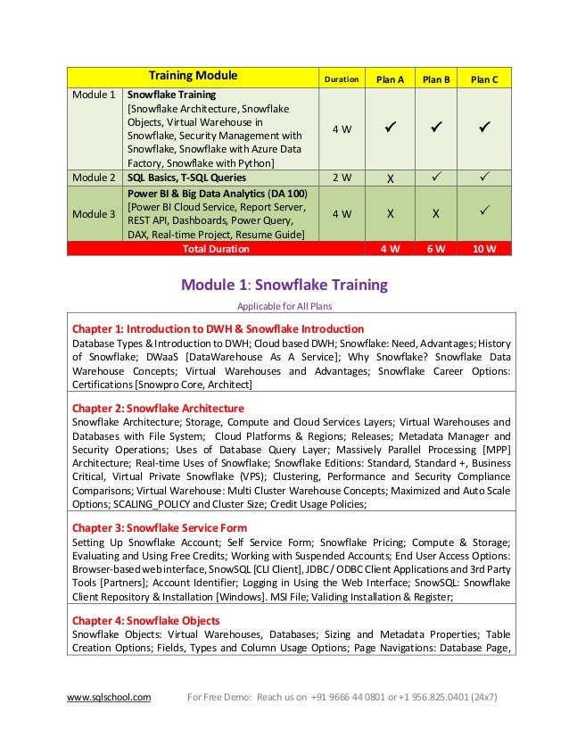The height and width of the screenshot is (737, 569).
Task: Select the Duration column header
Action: pyautogui.click(x=341, y=79)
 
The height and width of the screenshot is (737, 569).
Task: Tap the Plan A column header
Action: pyautogui.click(x=390, y=79)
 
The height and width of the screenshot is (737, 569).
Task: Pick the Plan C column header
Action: pyautogui.click(x=484, y=79)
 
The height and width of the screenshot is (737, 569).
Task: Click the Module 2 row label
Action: pyautogui.click(x=94, y=177)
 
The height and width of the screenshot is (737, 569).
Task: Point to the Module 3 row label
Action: pyautogui.click(x=94, y=213)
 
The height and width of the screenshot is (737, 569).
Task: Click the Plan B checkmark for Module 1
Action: pyautogui.click(x=436, y=128)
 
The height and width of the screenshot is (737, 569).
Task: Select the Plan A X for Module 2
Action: pyautogui.click(x=390, y=178)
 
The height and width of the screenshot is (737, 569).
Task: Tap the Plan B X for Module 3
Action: pyautogui.click(x=436, y=214)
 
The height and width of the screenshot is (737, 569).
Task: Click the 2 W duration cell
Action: pyautogui.click(x=341, y=178)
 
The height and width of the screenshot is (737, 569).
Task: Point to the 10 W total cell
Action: pyautogui.click(x=484, y=248)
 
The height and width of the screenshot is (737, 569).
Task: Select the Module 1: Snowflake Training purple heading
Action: pyautogui.click(x=284, y=286)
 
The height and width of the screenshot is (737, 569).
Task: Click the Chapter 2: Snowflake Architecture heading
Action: pyautogui.click(x=158, y=407)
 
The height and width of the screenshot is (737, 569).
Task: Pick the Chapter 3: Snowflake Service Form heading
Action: pyautogui.click(x=159, y=527)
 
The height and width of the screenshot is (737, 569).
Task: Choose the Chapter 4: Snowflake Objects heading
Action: pyautogui.click(x=145, y=620)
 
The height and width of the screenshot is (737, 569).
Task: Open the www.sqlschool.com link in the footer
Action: pyautogui.click(x=109, y=697)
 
